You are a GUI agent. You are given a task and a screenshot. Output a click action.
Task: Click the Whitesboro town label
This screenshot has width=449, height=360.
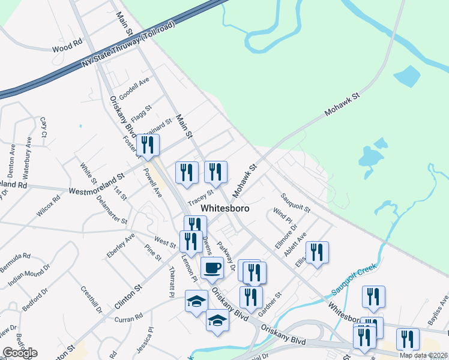(224, 209)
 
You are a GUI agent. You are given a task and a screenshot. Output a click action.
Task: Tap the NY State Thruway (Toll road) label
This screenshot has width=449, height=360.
(127, 46)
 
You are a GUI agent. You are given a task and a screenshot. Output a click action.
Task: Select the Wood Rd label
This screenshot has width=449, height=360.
(66, 46)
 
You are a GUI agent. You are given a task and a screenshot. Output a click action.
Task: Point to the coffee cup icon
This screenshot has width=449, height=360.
(212, 268)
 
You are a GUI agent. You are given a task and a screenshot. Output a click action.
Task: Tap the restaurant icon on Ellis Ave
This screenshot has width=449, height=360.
(317, 253)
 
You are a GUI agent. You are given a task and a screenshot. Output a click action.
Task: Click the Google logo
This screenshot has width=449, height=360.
(20, 352)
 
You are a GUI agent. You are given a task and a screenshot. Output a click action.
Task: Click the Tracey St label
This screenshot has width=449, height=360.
(200, 197)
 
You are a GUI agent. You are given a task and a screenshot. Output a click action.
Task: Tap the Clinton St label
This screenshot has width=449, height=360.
(129, 296)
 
